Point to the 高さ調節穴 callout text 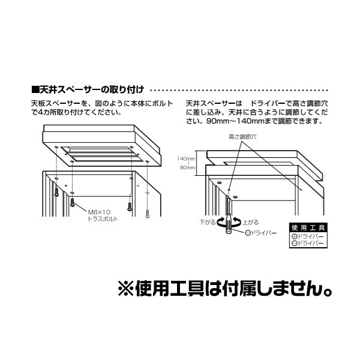point(242,137)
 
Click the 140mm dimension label point(184,158)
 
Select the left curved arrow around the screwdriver point(220,223)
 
